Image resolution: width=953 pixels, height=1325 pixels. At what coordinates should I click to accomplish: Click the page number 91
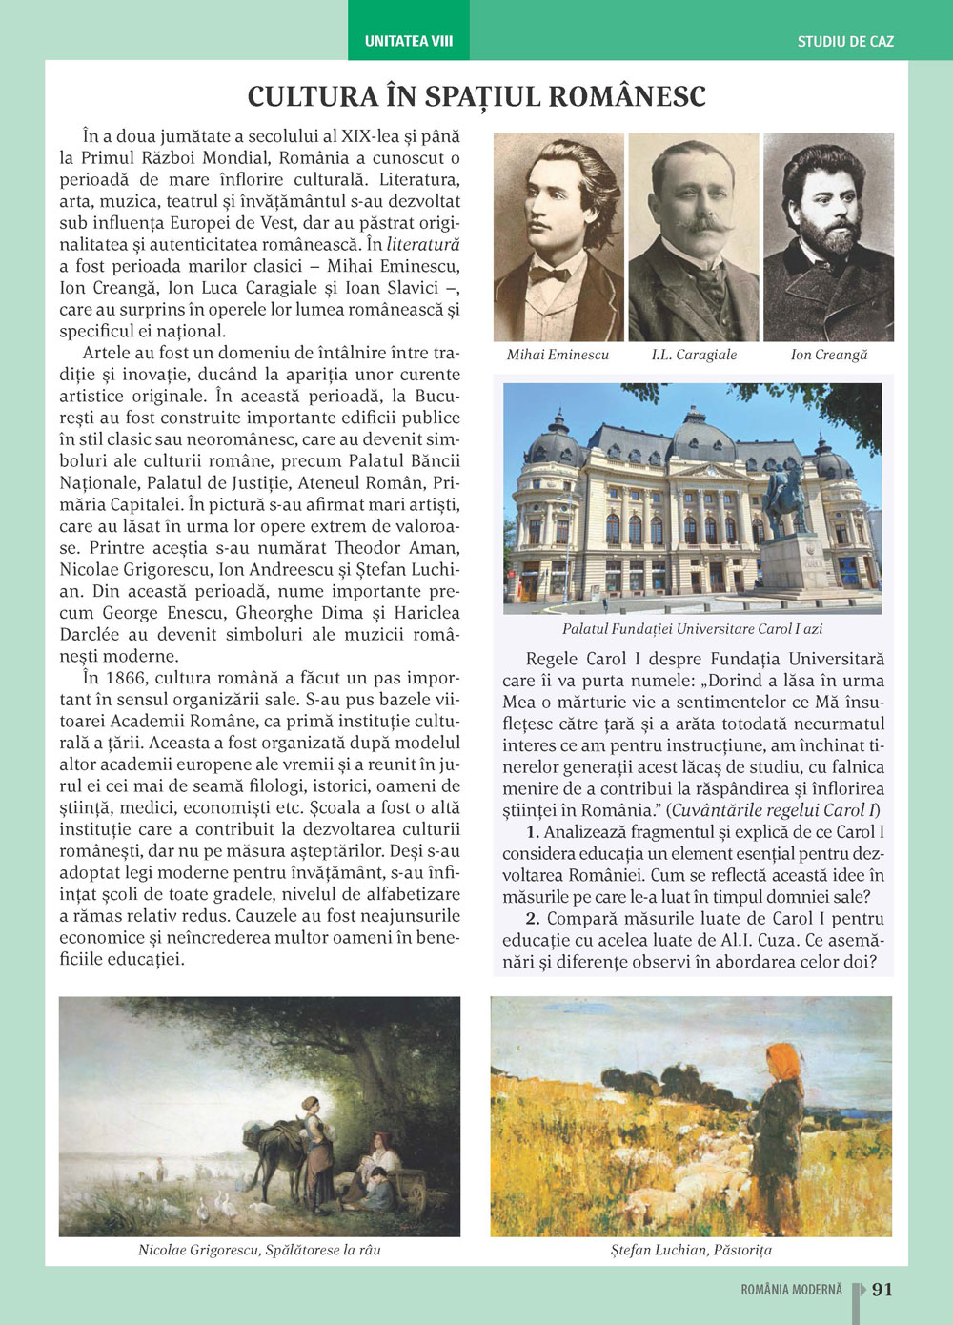882,1289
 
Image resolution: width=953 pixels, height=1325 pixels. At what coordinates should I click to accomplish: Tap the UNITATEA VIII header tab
409,41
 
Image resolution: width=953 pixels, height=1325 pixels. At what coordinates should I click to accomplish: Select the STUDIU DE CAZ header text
845,42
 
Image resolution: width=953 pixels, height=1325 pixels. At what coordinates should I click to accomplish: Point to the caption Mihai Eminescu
558,355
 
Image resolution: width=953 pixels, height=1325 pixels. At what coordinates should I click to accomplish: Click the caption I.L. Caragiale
694,355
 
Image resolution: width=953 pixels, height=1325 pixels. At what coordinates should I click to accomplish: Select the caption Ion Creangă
829,355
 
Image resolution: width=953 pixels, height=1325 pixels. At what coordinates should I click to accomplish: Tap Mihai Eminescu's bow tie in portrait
550,275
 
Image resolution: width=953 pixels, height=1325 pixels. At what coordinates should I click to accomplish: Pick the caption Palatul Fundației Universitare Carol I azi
692,629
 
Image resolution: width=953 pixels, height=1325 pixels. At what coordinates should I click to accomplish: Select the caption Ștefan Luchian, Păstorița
691,1250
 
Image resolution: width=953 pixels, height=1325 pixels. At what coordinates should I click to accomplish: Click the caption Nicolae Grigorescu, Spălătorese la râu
259,1250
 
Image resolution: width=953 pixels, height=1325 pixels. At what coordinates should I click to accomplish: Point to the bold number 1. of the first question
533,832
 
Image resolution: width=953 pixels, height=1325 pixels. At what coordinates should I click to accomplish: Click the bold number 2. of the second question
533,919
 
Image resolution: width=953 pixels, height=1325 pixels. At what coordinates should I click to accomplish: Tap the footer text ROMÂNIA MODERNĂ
791,1290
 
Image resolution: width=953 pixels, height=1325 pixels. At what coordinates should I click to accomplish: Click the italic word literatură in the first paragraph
423,245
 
